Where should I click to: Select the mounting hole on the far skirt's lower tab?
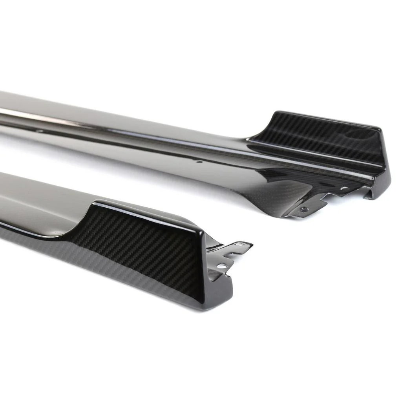click(x=303, y=209)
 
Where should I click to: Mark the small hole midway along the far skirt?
click(x=199, y=161)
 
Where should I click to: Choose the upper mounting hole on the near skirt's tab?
click(x=238, y=245)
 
